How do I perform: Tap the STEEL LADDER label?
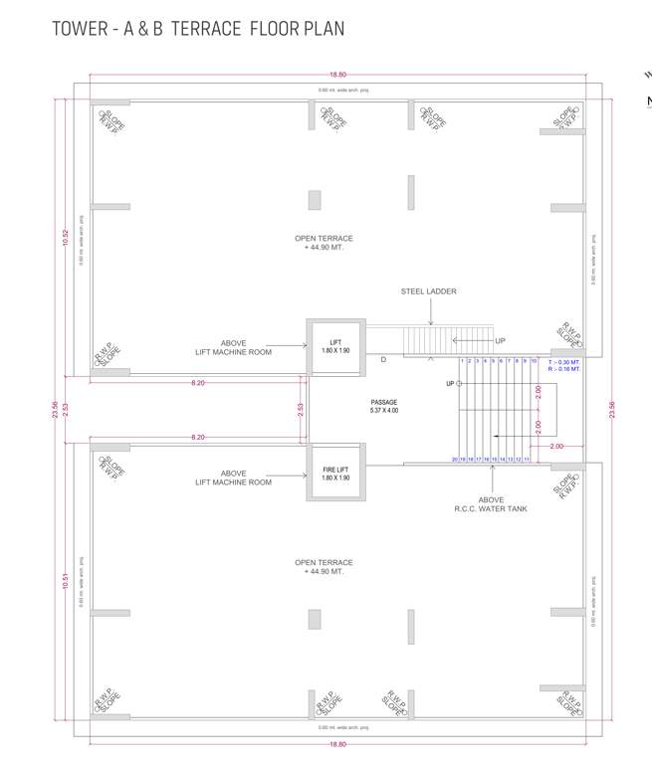(x=429, y=291)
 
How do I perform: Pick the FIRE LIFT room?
(x=335, y=473)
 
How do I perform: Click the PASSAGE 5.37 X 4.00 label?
(x=383, y=406)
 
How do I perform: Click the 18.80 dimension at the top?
(x=338, y=75)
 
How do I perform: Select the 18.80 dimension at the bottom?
(x=338, y=744)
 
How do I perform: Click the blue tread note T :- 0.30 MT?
(x=563, y=361)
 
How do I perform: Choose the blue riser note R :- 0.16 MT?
(x=563, y=369)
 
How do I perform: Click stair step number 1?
(x=462, y=361)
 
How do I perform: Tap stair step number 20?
(x=455, y=460)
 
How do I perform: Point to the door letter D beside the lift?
(x=383, y=360)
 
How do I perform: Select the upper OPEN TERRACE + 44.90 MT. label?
(x=324, y=243)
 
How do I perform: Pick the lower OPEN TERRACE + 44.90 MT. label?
(x=324, y=567)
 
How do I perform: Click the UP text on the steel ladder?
(x=500, y=340)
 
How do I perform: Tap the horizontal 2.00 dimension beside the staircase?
(x=555, y=448)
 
